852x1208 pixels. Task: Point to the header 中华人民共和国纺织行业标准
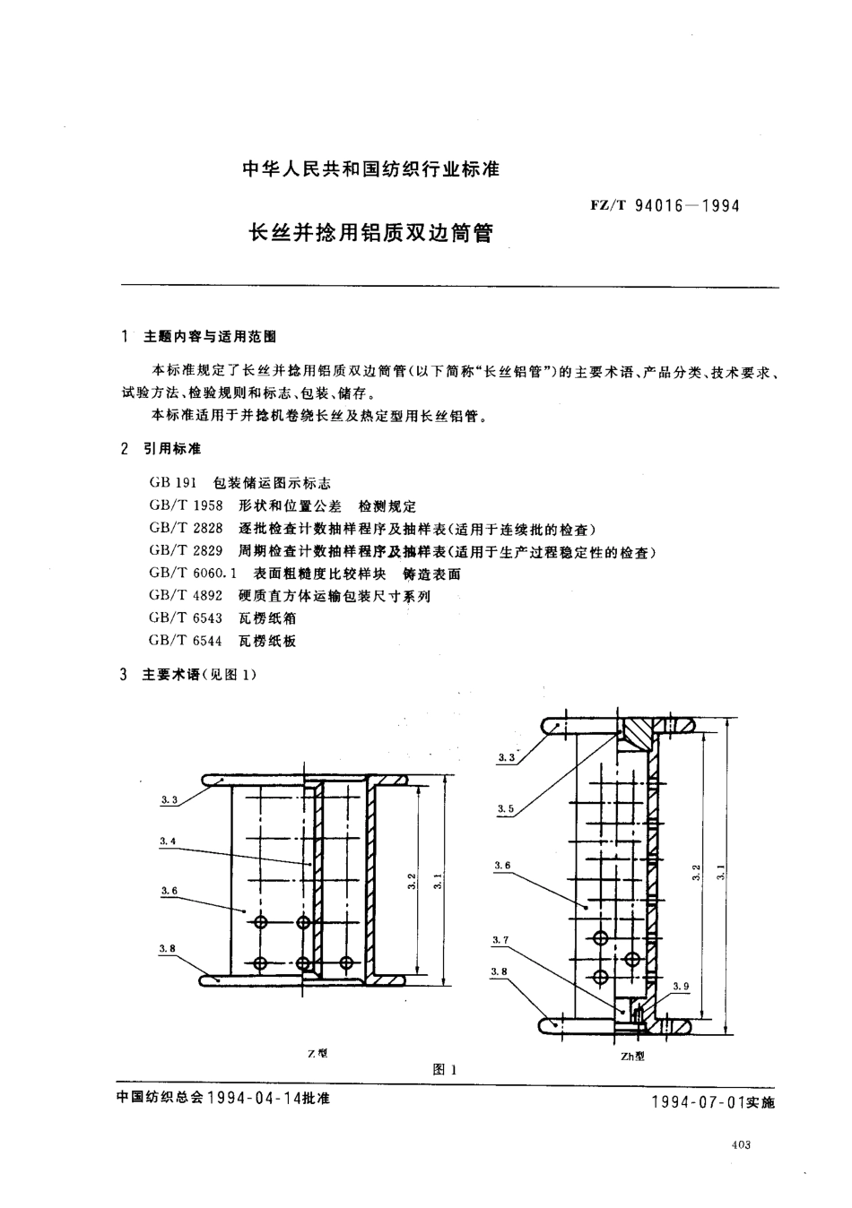click(371, 168)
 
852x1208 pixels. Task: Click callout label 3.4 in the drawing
click(168, 841)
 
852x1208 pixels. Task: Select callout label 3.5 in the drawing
click(505, 809)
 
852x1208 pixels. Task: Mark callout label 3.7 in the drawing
click(500, 940)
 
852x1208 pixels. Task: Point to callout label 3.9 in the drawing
click(682, 987)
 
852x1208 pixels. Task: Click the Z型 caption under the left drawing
click(317, 1054)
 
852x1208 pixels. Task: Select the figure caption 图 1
click(445, 1069)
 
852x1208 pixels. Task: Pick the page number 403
click(741, 1144)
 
